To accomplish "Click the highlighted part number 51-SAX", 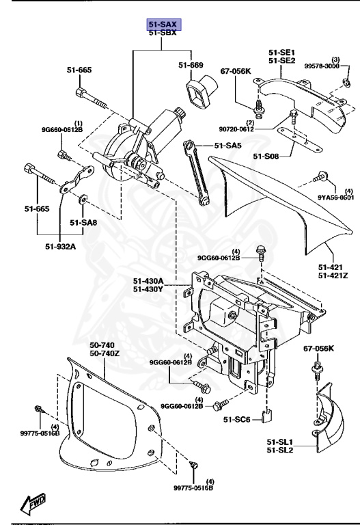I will tap(163, 24).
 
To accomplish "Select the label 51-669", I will tap(191, 66).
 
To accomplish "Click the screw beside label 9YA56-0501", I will tap(319, 178).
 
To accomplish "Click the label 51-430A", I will tap(148, 280).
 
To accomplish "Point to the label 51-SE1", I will tap(281, 52).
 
